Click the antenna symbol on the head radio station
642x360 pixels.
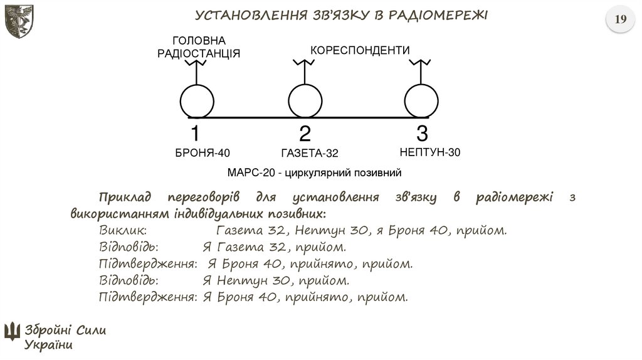click(x=197, y=65)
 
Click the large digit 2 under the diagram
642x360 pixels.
click(x=305, y=134)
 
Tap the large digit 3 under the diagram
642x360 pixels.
click(x=422, y=134)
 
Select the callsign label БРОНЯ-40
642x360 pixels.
click(x=203, y=152)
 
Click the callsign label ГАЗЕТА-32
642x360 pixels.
click(x=310, y=153)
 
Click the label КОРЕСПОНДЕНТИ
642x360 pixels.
click(x=360, y=50)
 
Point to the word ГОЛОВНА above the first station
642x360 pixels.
click(x=198, y=41)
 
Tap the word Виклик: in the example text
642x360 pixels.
click(x=123, y=230)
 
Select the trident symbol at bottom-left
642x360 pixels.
click(x=12, y=331)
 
